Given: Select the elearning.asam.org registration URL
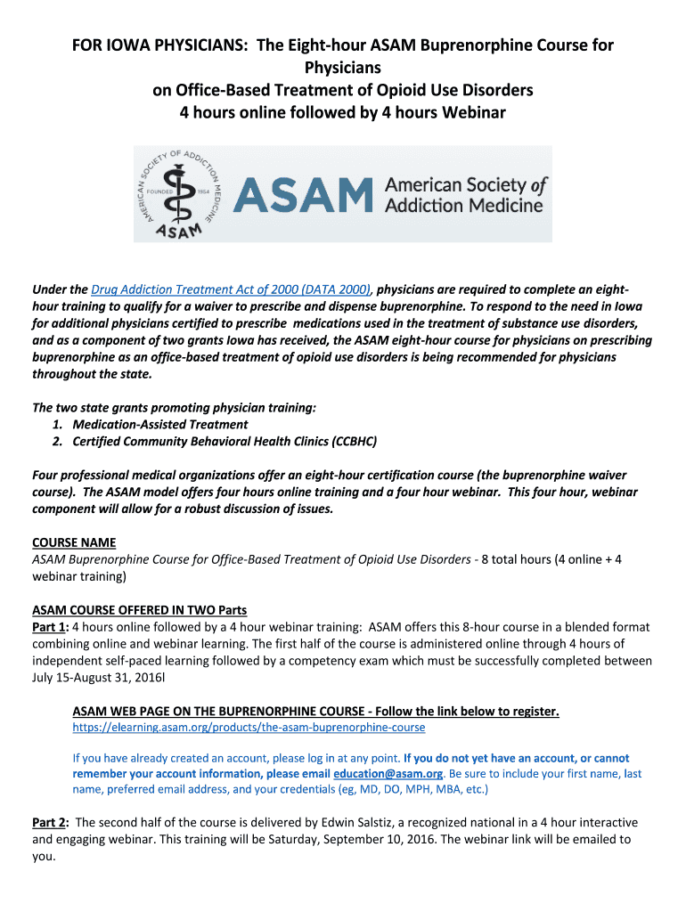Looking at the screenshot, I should (x=249, y=728).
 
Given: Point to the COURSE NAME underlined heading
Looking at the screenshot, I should (x=74, y=542).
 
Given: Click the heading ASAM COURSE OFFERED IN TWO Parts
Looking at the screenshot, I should (x=139, y=610).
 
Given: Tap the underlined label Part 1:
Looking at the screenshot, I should (x=50, y=627).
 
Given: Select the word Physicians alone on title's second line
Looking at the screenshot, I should (x=343, y=68).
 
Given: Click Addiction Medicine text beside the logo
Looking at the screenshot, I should (x=463, y=207).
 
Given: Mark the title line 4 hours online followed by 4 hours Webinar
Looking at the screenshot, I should (x=343, y=113).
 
